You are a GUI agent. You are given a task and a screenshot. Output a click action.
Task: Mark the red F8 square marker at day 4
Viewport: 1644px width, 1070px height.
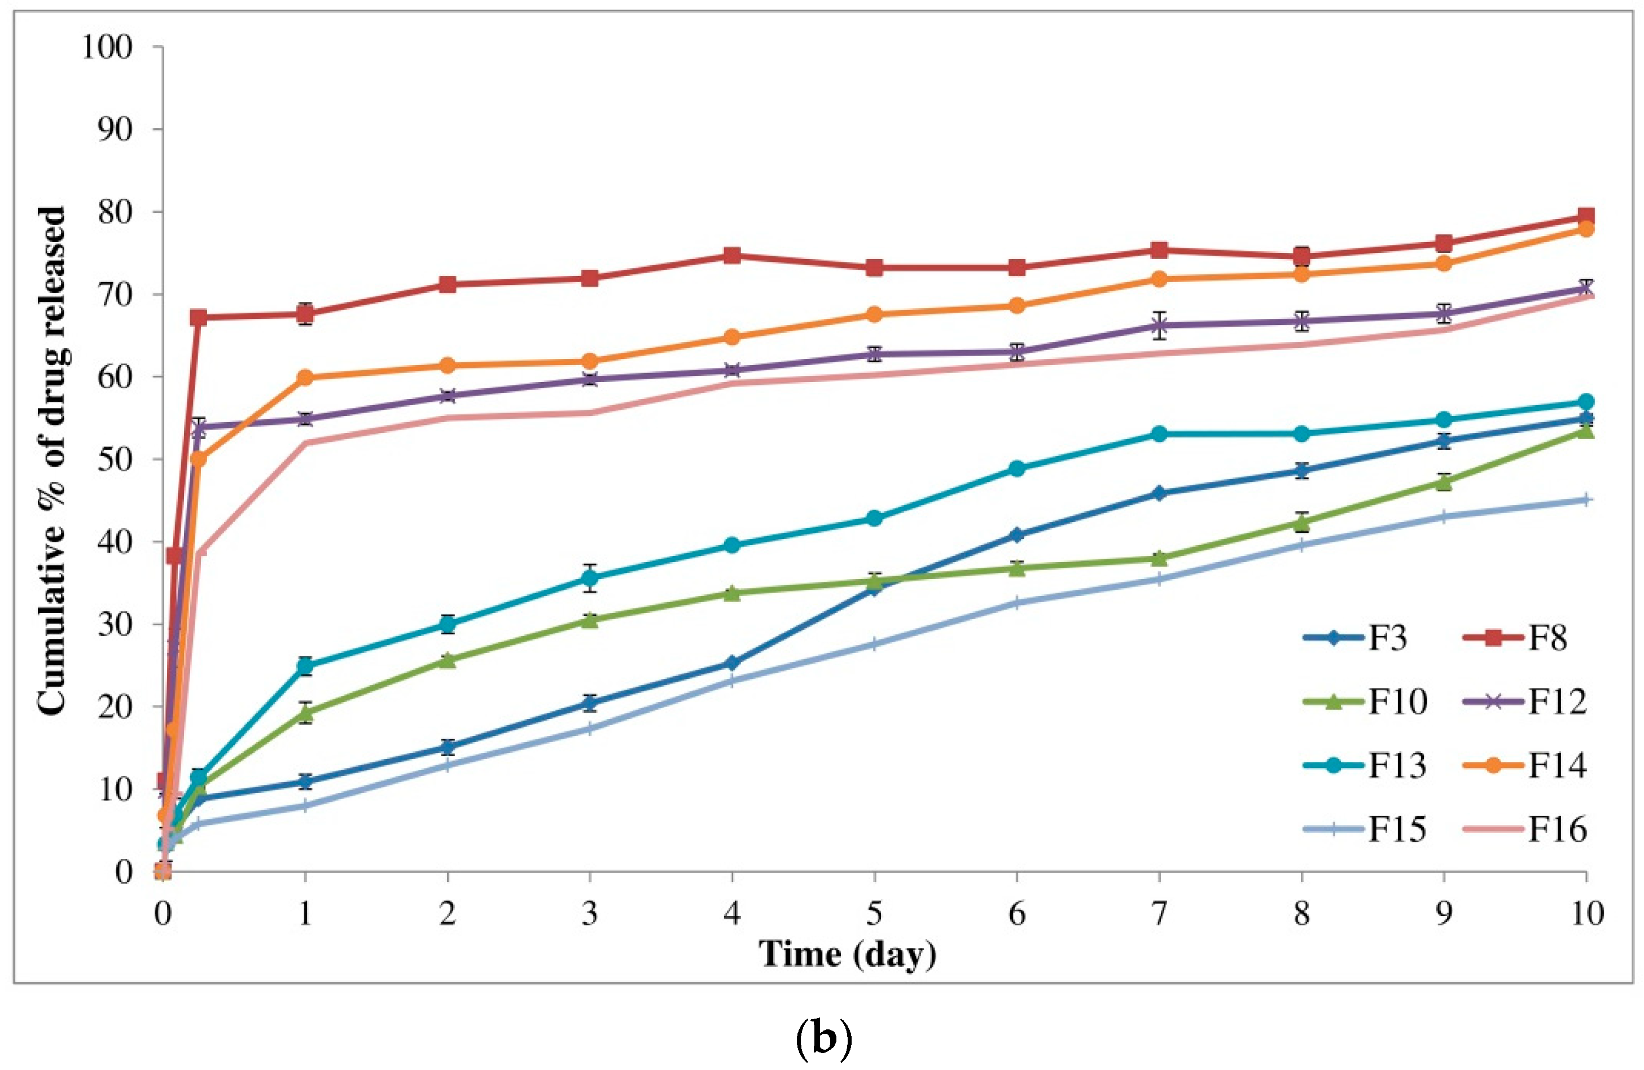(x=732, y=256)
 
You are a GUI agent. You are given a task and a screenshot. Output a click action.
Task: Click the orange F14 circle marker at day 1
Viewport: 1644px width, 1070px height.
(x=305, y=377)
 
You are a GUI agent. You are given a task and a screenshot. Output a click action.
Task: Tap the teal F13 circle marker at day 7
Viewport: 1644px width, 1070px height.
(x=1159, y=434)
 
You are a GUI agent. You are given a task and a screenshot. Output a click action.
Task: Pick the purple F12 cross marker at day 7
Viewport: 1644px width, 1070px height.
(x=1159, y=326)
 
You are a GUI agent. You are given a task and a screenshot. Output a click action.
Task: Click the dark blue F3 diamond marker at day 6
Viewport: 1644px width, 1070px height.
(x=1017, y=534)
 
